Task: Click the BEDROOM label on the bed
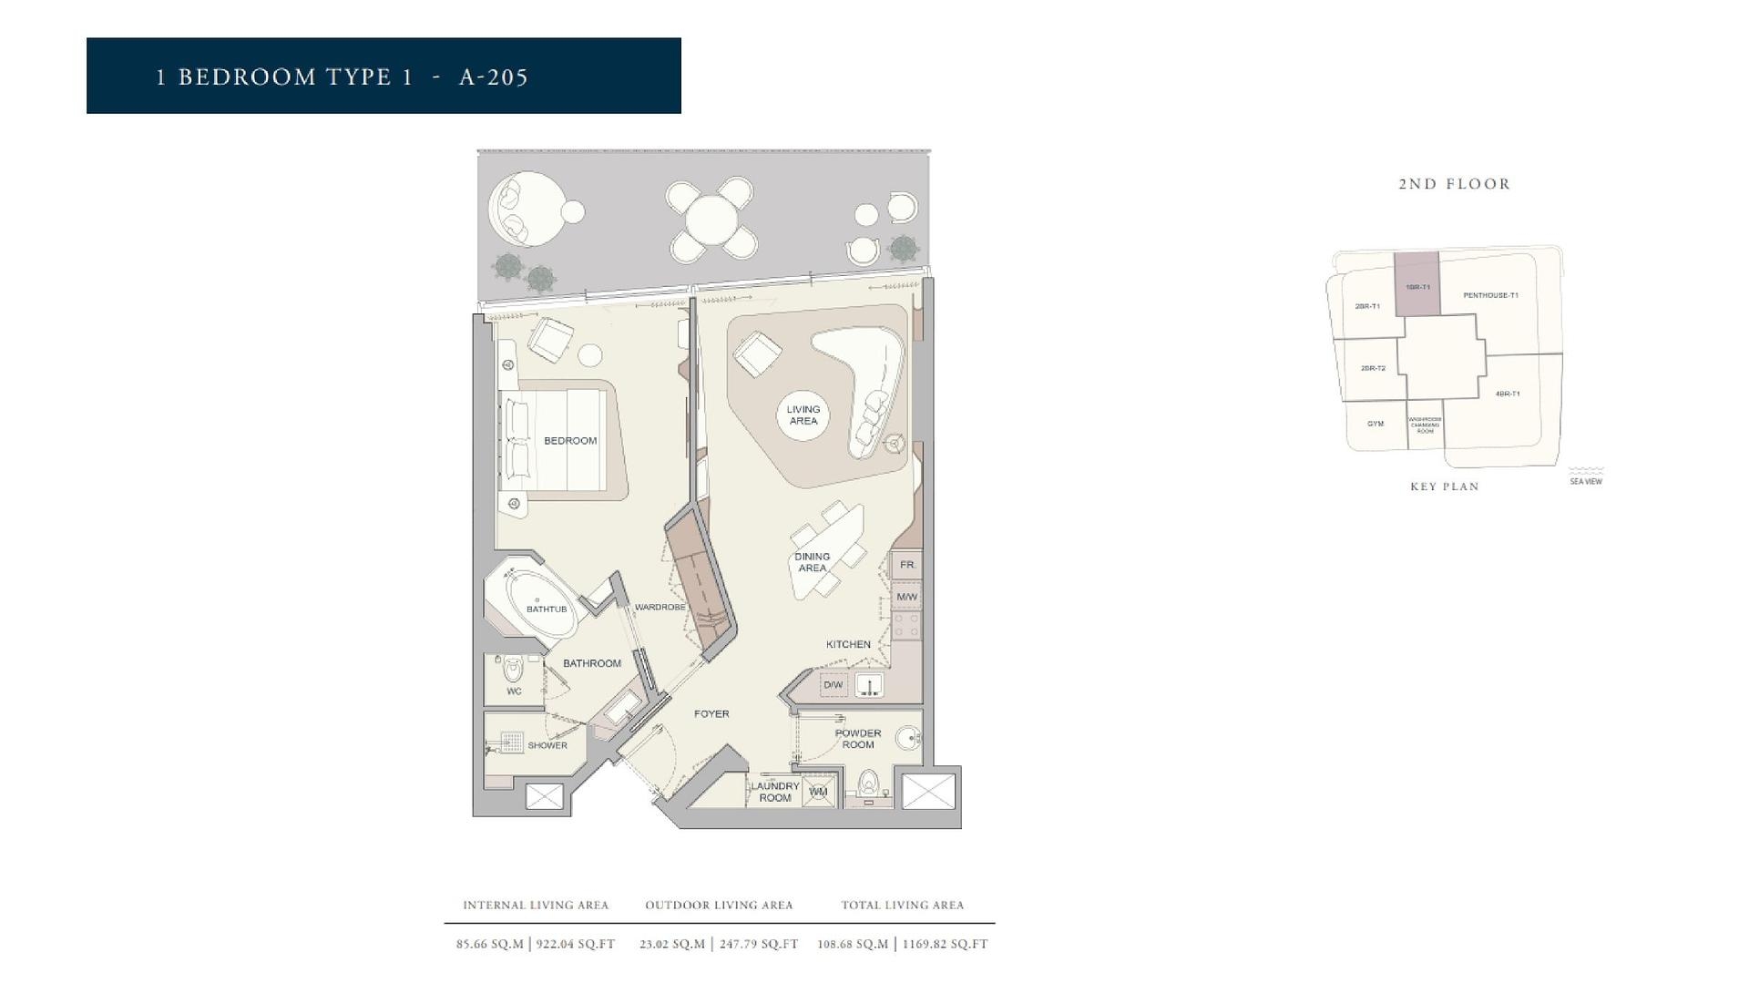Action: click(x=570, y=441)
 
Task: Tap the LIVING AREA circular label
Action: click(x=803, y=415)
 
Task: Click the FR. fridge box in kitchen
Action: click(x=907, y=565)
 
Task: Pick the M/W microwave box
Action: click(x=906, y=598)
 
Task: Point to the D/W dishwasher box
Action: click(x=833, y=685)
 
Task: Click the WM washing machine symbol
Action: click(x=818, y=792)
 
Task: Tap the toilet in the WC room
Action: click(x=514, y=671)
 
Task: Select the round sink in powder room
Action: click(x=907, y=738)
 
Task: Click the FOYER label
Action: click(x=711, y=714)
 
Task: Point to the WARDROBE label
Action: click(x=660, y=607)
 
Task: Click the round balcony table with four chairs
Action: click(x=710, y=220)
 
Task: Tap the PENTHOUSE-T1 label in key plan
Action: click(x=1490, y=295)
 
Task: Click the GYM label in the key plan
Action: click(x=1376, y=424)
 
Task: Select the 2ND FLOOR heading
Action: click(x=1455, y=184)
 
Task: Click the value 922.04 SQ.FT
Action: click(x=576, y=945)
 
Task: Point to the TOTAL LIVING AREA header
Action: click(x=902, y=906)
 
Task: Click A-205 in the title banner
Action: click(x=494, y=77)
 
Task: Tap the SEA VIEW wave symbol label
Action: click(x=1586, y=477)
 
